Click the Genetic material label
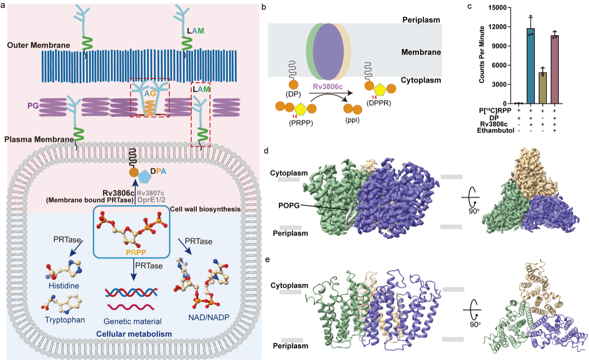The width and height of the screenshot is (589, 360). click(133, 321)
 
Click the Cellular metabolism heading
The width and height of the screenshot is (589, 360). click(131, 334)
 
